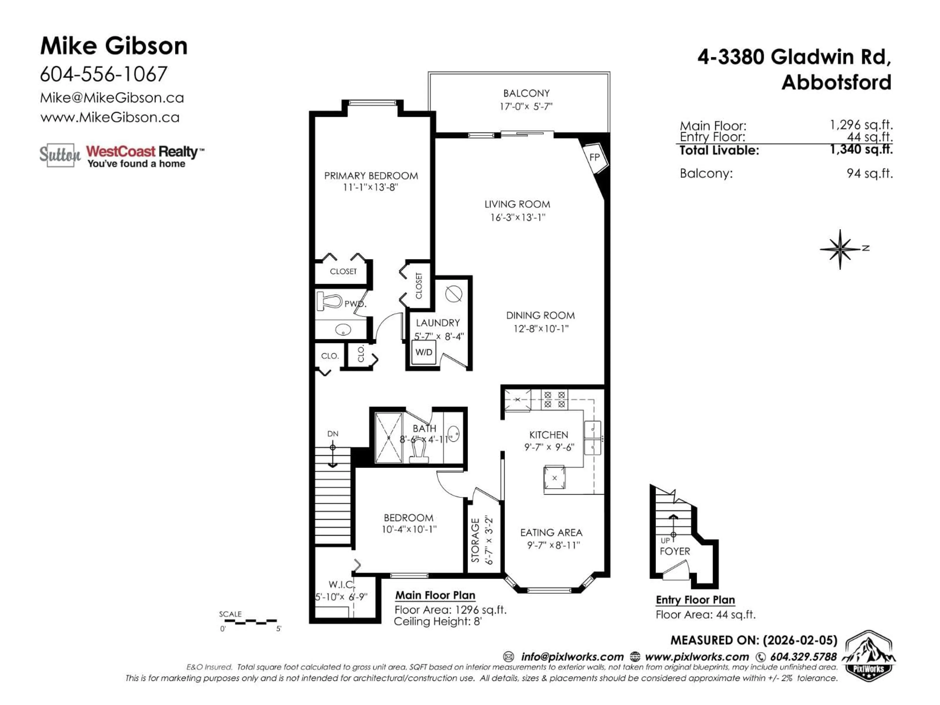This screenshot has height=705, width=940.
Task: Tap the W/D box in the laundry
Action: [424, 352]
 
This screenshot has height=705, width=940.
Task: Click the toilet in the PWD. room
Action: [329, 302]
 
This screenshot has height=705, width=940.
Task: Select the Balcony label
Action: [526, 93]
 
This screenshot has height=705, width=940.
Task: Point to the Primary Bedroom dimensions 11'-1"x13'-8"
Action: [371, 188]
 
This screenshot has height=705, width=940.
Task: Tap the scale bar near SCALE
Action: [249, 622]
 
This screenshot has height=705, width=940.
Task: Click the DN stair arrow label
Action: [333, 434]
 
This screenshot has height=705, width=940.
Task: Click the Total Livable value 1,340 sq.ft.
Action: [861, 150]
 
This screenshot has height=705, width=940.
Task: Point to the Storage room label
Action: [476, 540]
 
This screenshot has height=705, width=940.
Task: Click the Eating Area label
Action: [551, 532]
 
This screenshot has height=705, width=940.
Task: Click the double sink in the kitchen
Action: [592, 438]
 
